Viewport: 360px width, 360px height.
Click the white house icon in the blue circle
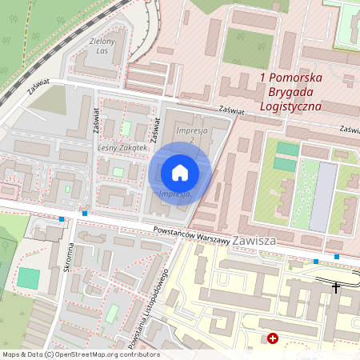pyautogui.click(x=180, y=173)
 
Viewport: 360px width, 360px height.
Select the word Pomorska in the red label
pyautogui.click(x=295, y=78)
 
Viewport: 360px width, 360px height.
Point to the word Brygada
pyautogui.click(x=291, y=91)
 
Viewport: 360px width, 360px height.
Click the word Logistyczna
pyautogui.click(x=291, y=106)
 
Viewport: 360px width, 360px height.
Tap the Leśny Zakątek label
pyautogui.click(x=123, y=148)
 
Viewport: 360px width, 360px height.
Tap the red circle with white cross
pyautogui.click(x=273, y=339)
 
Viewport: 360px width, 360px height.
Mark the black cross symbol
pyautogui.click(x=336, y=286)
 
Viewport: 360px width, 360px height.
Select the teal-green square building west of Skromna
pyautogui.click(x=29, y=278)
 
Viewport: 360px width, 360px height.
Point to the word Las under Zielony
pyautogui.click(x=102, y=50)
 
